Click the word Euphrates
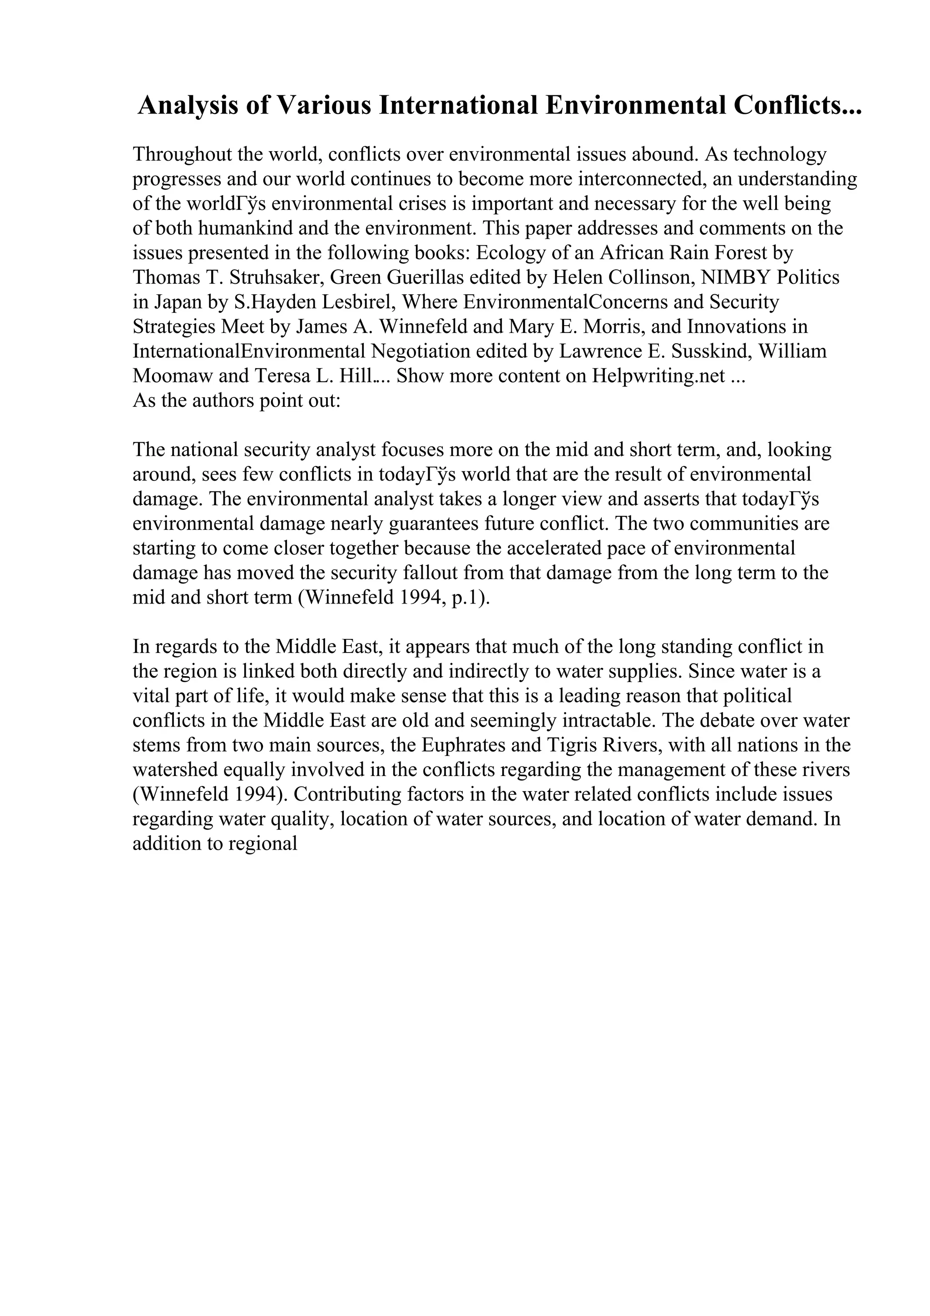tap(465, 746)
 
